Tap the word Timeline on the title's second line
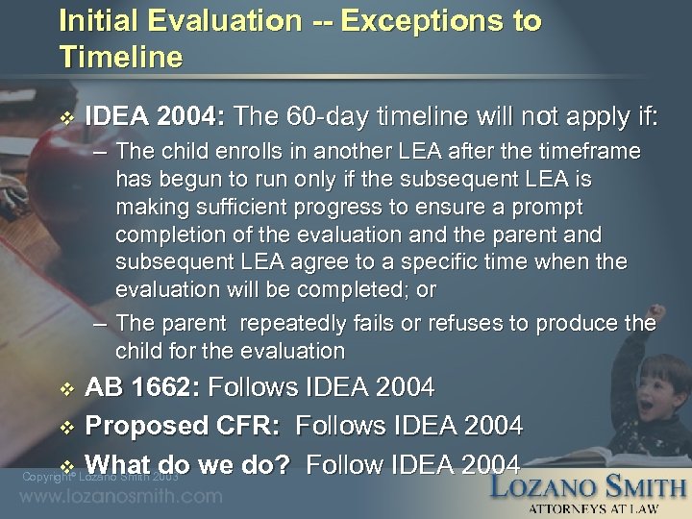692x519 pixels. coord(120,58)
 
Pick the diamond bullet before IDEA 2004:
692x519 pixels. coord(65,119)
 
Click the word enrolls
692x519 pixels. coord(260,153)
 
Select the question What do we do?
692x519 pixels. coord(191,464)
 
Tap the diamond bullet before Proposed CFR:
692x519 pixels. coord(65,427)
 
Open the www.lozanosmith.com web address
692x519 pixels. coord(121,497)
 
